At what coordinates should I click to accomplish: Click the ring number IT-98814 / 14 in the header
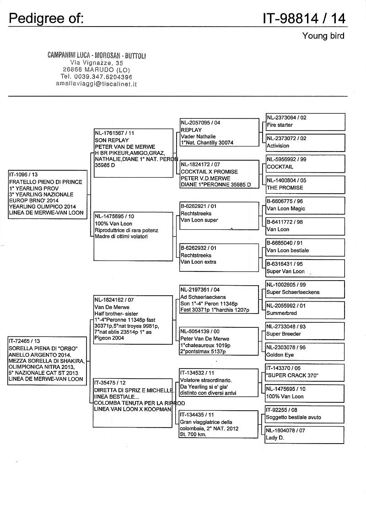[304, 18]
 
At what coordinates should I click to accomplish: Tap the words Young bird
[323, 36]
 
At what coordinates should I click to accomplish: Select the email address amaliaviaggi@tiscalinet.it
[97, 84]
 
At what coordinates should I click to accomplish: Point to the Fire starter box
[305, 121]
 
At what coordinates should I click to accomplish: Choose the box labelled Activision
[305, 142]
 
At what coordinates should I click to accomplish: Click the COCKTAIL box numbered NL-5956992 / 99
[305, 163]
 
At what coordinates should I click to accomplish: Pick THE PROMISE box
[305, 184]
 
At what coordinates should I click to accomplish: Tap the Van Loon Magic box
[305, 205]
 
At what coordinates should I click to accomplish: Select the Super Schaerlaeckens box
[305, 288]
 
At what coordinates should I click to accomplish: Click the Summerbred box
[305, 309]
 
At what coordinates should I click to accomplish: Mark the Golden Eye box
[305, 351]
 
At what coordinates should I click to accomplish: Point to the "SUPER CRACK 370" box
[305, 372]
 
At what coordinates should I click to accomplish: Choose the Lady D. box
[305, 434]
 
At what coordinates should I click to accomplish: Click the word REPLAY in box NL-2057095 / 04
[191, 130]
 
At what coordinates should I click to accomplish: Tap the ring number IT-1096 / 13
[22, 174]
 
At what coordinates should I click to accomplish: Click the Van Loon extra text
[198, 262]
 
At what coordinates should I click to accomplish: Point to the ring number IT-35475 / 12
[110, 382]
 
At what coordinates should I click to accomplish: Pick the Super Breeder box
[305, 330]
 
